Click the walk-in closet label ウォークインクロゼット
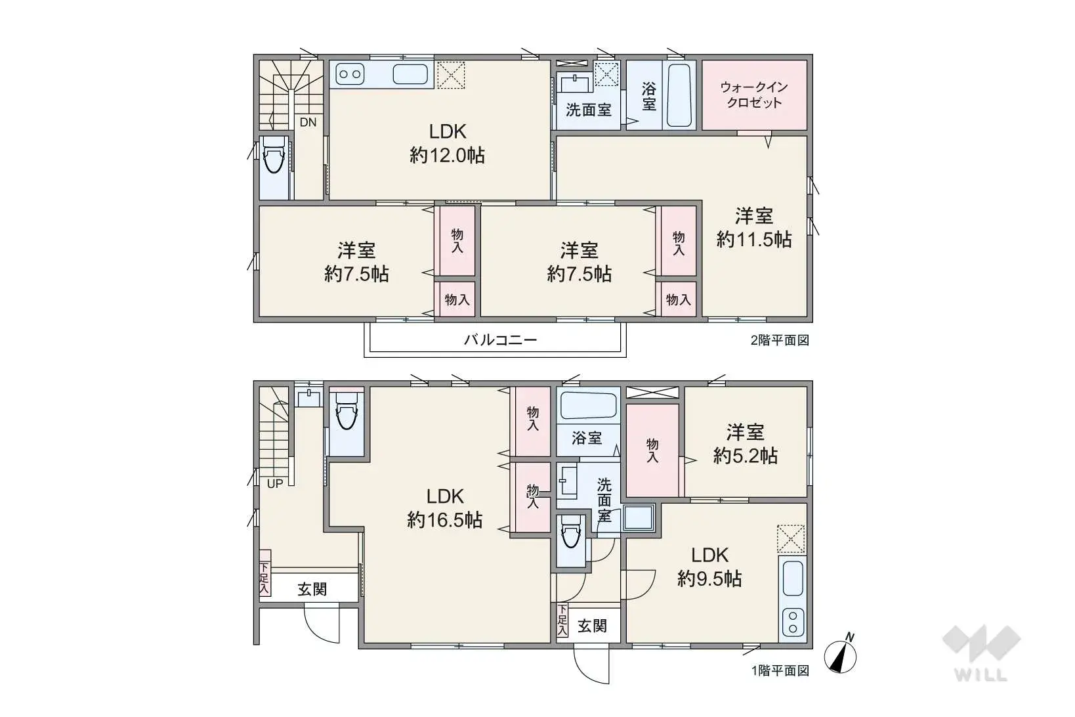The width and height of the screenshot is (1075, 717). (754, 95)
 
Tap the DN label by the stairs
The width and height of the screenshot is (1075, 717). (308, 123)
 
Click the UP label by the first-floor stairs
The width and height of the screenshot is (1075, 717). (275, 484)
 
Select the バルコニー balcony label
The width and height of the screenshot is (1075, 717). (500, 340)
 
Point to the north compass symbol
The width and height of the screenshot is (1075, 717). (841, 655)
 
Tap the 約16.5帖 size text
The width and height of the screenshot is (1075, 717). (445, 520)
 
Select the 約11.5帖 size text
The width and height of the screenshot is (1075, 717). (754, 239)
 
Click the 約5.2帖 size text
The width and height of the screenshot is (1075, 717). (746, 456)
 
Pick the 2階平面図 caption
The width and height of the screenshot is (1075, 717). (780, 341)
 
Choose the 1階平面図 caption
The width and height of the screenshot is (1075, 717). (780, 671)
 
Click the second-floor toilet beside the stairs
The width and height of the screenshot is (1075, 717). (274, 155)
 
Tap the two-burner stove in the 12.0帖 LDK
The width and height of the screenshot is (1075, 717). (349, 74)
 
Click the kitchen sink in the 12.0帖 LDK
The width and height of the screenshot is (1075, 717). (410, 74)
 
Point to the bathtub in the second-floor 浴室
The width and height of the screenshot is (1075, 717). (679, 95)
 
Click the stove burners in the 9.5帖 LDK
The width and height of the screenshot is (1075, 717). (793, 623)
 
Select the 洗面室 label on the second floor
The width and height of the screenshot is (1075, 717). (589, 110)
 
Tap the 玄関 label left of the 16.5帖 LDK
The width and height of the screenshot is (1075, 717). (312, 589)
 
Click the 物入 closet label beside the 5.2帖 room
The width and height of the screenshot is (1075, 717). (652, 450)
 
